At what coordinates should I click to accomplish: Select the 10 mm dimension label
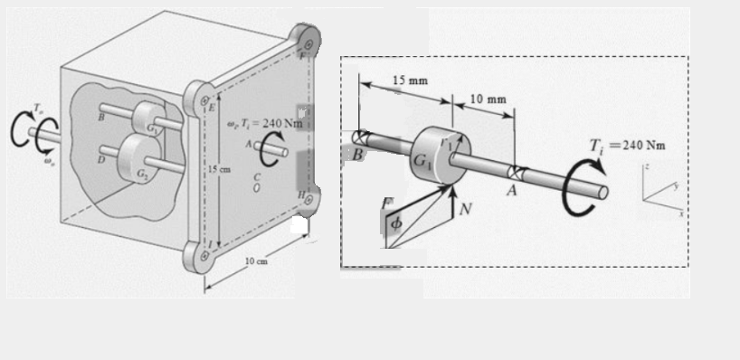pos(488,98)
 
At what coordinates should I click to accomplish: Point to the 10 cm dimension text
pos(257,261)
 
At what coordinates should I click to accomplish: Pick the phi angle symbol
pos(394,223)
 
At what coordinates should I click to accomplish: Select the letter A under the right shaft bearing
pos(513,190)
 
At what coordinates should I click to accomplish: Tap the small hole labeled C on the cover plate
pos(257,190)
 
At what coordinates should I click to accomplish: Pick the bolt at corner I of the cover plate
pos(205,256)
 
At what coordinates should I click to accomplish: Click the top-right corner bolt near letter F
pos(309,43)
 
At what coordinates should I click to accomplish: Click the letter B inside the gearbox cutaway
pos(102,116)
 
